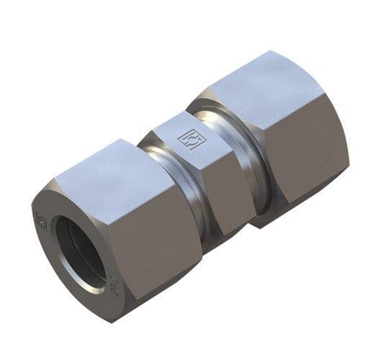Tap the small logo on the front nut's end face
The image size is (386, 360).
(x=41, y=220)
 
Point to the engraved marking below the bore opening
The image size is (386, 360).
(x=113, y=284)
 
